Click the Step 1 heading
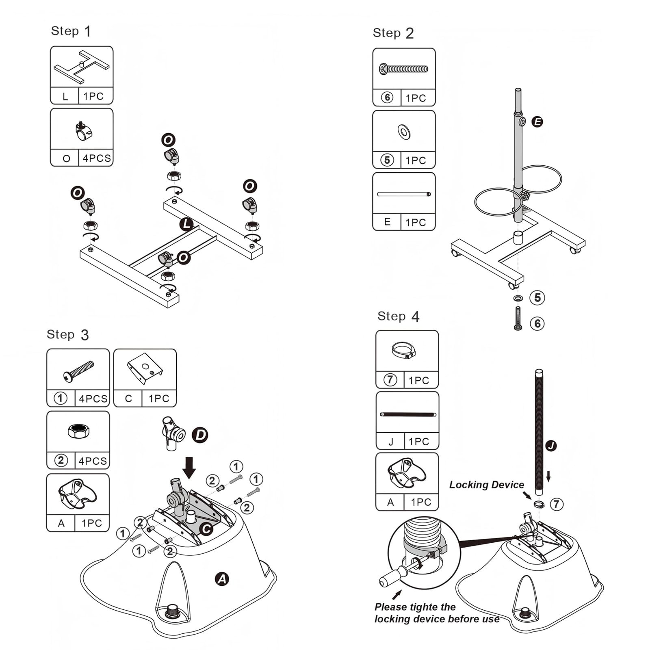point(71,31)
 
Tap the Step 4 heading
point(398,316)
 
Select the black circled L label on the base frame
point(186,224)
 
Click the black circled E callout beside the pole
point(537,121)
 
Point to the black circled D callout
point(200,435)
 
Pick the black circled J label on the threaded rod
point(551,446)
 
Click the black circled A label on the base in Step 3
point(222,579)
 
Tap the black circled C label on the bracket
point(206,529)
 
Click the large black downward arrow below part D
point(189,468)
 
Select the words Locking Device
point(486,485)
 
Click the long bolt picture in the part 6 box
point(403,69)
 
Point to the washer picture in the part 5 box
point(404,132)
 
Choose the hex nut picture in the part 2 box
point(78,431)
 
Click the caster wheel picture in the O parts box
point(83,131)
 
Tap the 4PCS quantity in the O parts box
point(97,158)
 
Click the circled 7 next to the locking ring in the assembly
point(557,504)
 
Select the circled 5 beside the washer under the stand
point(537,298)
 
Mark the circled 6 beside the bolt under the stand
point(537,324)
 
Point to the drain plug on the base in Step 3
point(173,611)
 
